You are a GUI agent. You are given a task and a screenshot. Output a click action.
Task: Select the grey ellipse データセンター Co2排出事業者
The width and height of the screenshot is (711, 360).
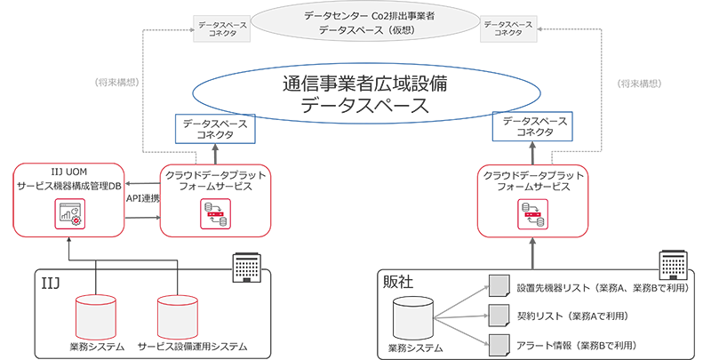click(x=355, y=22)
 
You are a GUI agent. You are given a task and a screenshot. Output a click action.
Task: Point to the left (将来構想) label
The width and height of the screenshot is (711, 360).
click(x=116, y=84)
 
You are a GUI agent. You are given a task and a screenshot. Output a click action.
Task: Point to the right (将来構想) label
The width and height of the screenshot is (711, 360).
click(x=637, y=84)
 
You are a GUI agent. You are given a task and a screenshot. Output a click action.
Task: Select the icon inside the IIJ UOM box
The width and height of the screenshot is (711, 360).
click(x=68, y=214)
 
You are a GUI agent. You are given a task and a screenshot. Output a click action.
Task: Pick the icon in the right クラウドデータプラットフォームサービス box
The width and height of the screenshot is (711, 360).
click(x=532, y=214)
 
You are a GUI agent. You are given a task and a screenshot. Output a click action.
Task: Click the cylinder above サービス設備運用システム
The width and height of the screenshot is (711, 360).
click(x=177, y=313)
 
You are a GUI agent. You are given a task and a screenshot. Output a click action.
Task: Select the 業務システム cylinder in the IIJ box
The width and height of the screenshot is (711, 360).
click(x=96, y=313)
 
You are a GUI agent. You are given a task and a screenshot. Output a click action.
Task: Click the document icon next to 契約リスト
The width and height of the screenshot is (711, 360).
click(x=496, y=316)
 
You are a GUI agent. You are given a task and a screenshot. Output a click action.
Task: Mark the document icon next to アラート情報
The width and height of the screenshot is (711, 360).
click(x=496, y=343)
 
